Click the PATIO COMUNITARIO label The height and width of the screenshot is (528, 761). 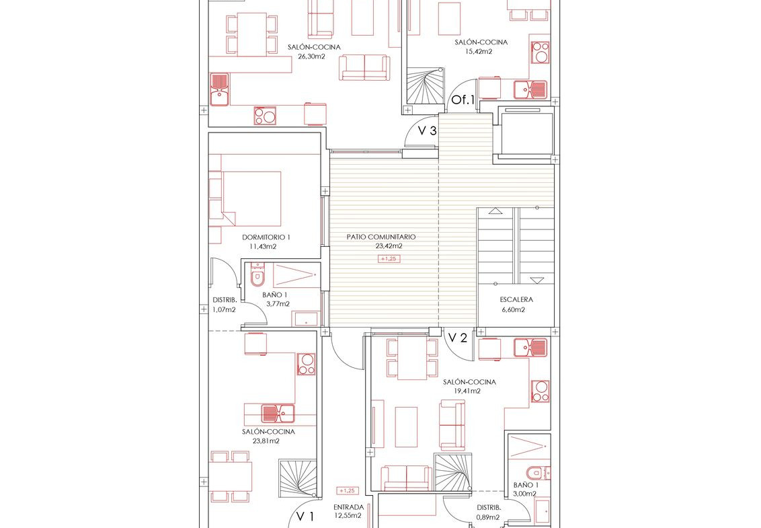pyautogui.click(x=381, y=237)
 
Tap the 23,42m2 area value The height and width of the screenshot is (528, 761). pyautogui.click(x=389, y=246)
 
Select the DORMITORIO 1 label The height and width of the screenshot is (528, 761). pyautogui.click(x=266, y=237)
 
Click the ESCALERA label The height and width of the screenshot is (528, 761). pyautogui.click(x=516, y=300)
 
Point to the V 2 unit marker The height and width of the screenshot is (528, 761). pyautogui.click(x=457, y=338)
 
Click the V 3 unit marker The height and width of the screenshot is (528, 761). pyautogui.click(x=427, y=130)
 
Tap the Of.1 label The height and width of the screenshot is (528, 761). pyautogui.click(x=463, y=100)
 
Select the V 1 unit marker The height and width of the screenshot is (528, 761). pyautogui.click(x=305, y=517)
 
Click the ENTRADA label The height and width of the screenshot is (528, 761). pyautogui.click(x=348, y=508)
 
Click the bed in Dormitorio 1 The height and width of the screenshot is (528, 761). pyautogui.click(x=245, y=198)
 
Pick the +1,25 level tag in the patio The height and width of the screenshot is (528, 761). pyautogui.click(x=389, y=259)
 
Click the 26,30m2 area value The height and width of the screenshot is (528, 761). pyautogui.click(x=311, y=56)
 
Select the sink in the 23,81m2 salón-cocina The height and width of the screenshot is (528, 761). pyautogui.click(x=278, y=414)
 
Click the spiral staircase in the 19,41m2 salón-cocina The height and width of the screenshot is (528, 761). pyautogui.click(x=453, y=473)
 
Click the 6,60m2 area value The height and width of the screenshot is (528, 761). pyautogui.click(x=512, y=309)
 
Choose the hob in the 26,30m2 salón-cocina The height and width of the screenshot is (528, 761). pyautogui.click(x=265, y=116)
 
